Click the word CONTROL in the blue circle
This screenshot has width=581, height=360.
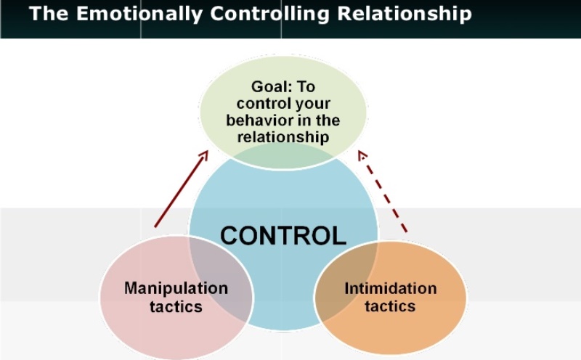click(x=283, y=236)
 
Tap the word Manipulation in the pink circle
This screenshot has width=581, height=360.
click(x=176, y=288)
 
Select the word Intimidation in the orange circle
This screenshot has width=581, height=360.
click(x=391, y=288)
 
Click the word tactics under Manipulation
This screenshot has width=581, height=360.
click(x=176, y=306)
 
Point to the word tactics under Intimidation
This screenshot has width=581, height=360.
click(x=390, y=306)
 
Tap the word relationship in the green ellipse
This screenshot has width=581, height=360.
click(x=283, y=136)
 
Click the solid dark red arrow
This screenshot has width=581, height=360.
click(x=181, y=189)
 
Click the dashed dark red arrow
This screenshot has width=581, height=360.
click(x=383, y=192)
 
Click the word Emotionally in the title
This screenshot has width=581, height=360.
click(x=139, y=14)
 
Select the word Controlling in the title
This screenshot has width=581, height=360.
click(x=269, y=14)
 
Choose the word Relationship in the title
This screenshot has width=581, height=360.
click(x=405, y=14)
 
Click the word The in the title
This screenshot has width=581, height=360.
click(x=49, y=13)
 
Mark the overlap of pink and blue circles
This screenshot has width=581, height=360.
click(x=222, y=278)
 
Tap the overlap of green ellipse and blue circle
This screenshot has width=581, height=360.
click(x=283, y=156)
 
